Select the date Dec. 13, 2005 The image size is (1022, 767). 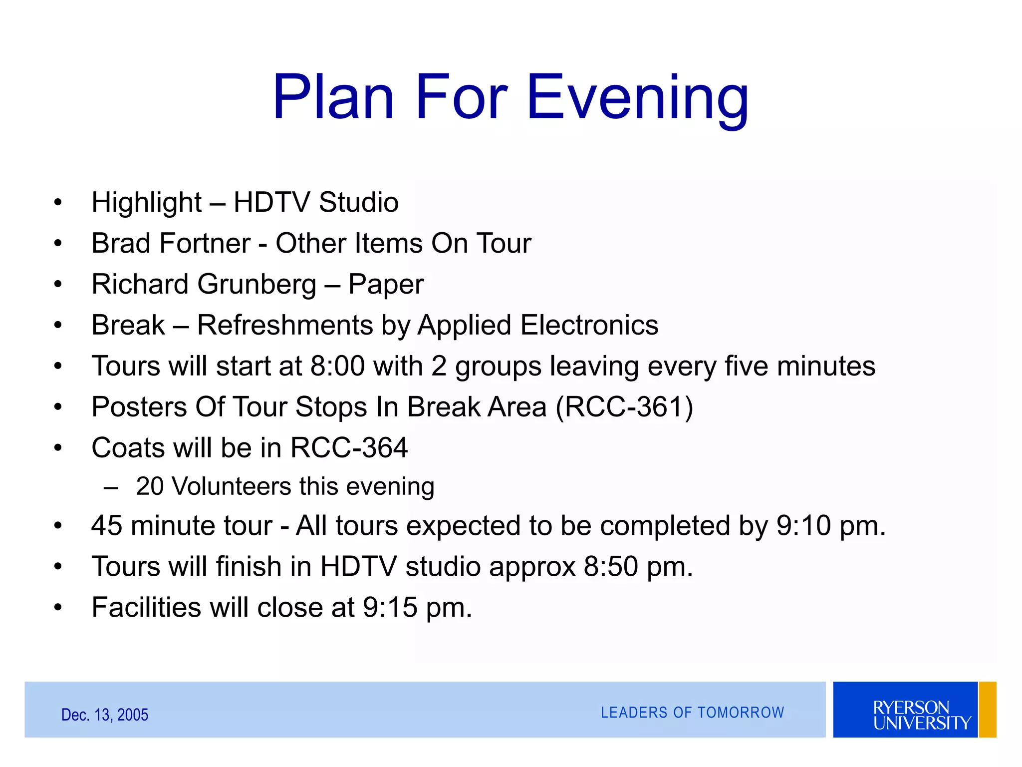(x=105, y=715)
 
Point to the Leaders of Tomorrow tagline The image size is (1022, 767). (x=692, y=713)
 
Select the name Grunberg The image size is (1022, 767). (x=257, y=285)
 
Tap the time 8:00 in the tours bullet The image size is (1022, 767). (x=337, y=366)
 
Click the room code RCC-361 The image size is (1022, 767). (x=624, y=407)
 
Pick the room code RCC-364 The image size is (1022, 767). (x=349, y=448)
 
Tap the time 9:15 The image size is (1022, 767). (x=390, y=608)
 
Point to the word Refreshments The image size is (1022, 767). (x=285, y=326)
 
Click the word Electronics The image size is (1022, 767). (x=589, y=326)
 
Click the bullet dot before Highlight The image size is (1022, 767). (x=58, y=203)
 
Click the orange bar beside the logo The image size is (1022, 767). (x=988, y=710)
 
